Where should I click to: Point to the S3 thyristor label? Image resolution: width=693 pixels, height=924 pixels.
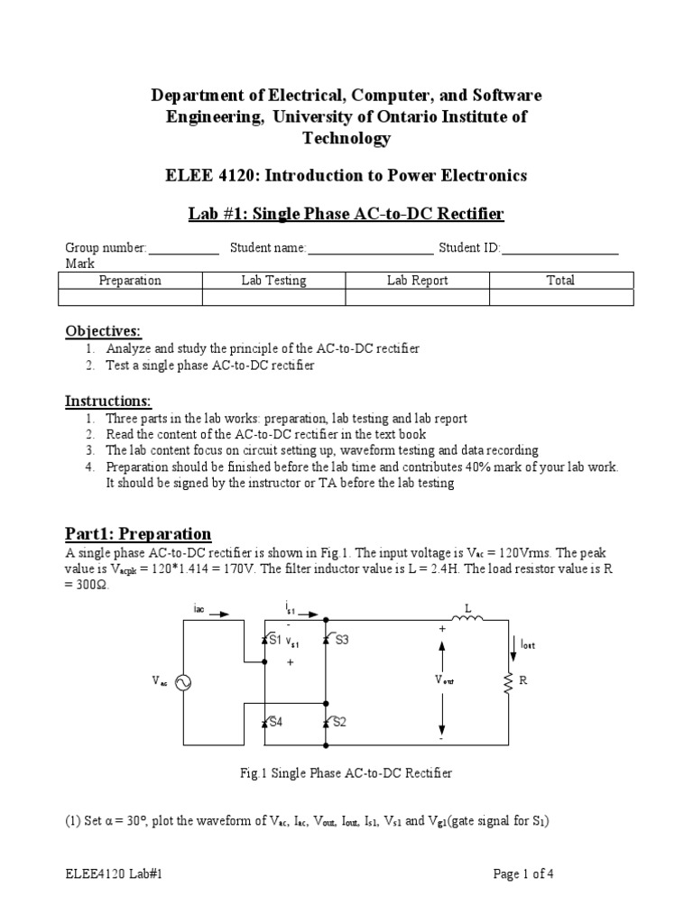pyautogui.click(x=340, y=641)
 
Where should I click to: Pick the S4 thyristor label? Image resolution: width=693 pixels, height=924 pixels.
pyautogui.click(x=274, y=723)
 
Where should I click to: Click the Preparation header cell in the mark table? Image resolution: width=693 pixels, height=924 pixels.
pyautogui.click(x=130, y=281)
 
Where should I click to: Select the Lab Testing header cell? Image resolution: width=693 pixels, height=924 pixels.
pyautogui.click(x=273, y=281)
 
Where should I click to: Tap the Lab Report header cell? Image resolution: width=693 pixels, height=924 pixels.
pyautogui.click(x=417, y=281)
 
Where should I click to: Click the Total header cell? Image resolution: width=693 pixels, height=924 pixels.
pyautogui.click(x=560, y=281)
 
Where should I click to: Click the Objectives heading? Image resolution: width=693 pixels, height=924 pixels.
pyautogui.click(x=104, y=331)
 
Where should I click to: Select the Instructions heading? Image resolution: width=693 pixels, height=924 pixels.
pyautogui.click(x=108, y=401)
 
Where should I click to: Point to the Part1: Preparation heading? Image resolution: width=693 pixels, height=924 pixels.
pyautogui.click(x=138, y=533)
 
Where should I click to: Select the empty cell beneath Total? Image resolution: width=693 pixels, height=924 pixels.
pyautogui.click(x=560, y=298)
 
